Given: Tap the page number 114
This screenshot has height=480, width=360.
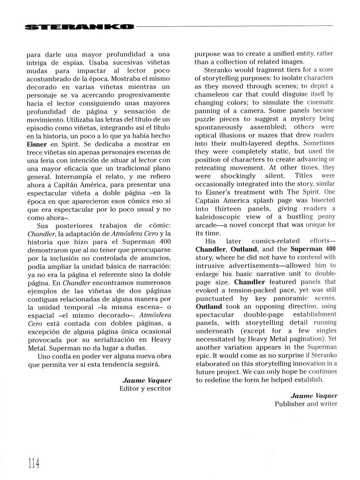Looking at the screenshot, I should (x=34, y=462).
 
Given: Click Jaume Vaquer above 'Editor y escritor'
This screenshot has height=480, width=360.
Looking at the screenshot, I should (x=147, y=380).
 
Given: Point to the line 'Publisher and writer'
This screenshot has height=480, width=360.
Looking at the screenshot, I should (x=306, y=404).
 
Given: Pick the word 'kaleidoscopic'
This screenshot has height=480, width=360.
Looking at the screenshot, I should (x=220, y=217).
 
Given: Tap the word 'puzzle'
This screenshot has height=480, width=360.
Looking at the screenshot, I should (x=207, y=119).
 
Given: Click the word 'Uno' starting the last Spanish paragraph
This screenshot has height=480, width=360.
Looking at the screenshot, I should (x=44, y=356).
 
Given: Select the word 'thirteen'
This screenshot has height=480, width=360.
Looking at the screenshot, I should (x=228, y=209).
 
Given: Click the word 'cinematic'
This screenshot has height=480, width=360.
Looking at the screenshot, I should (x=320, y=102).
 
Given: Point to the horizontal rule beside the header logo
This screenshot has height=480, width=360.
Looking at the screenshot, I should (x=234, y=26).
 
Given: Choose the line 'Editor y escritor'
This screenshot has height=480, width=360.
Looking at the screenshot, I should (x=145, y=388).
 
